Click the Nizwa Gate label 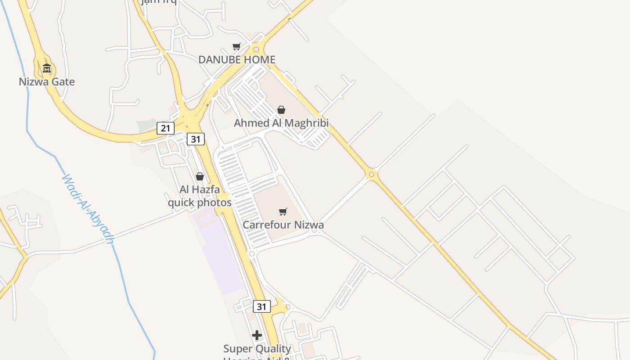47,82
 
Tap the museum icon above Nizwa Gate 47,69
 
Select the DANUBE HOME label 237,59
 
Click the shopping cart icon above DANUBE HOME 237,46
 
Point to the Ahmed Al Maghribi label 281,123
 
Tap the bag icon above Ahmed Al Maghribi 281,110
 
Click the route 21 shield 166,128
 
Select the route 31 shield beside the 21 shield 196,139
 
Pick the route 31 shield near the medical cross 261,307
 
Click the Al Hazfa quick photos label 200,196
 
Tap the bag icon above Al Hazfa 200,176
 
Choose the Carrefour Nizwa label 283,225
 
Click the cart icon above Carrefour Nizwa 283,211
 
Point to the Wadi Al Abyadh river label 87,209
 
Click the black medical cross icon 257,335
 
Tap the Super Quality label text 257,349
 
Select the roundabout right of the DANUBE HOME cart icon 256,49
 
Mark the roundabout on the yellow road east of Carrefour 371,174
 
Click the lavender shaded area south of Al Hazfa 220,252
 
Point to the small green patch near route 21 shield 146,125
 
